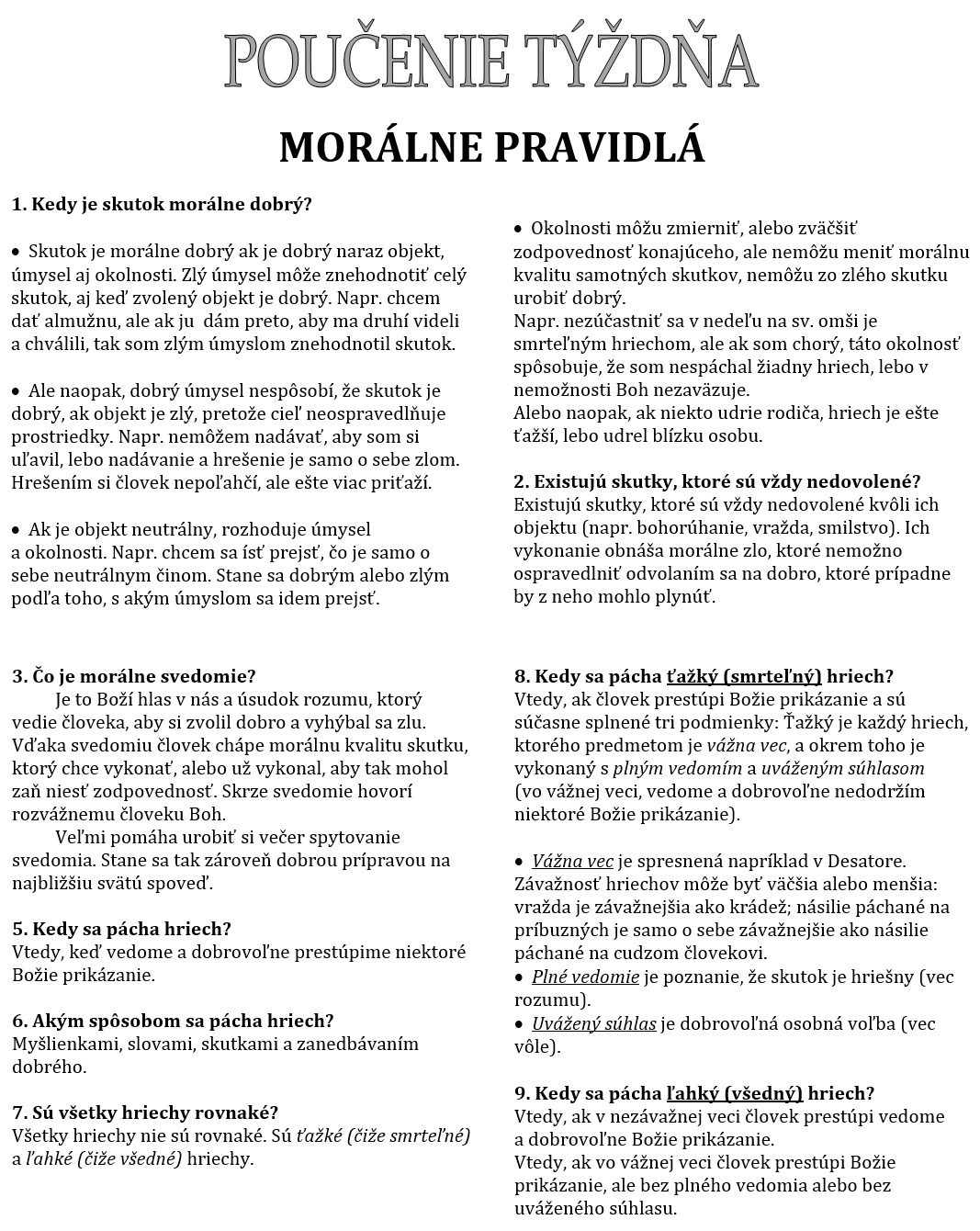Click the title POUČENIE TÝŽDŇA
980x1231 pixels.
pyautogui.click(x=490, y=62)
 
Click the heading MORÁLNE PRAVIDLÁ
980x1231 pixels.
pyautogui.click(x=491, y=147)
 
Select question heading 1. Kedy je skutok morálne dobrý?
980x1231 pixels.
pyautogui.click(x=162, y=204)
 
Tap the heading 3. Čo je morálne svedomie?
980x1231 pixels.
pyautogui.click(x=134, y=677)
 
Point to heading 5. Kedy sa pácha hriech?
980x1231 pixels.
pyautogui.click(x=121, y=929)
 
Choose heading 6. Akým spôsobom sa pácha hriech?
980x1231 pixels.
pyautogui.click(x=173, y=1021)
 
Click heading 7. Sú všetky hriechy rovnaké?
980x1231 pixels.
pyautogui.click(x=145, y=1112)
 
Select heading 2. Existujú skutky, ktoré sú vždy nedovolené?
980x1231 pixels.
pyautogui.click(x=716, y=481)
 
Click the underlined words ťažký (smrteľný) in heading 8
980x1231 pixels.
pyautogui.click(x=743, y=677)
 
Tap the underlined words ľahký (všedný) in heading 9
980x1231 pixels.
pyautogui.click(x=734, y=1093)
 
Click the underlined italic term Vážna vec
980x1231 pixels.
pyautogui.click(x=572, y=861)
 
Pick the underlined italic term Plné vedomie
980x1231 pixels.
pyautogui.click(x=585, y=977)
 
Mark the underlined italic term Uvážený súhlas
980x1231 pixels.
pyautogui.click(x=593, y=1023)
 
